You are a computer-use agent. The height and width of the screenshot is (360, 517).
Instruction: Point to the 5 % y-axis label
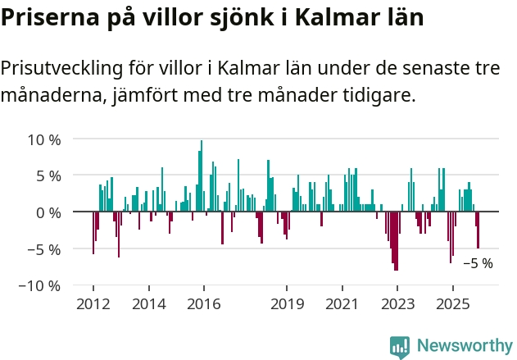pyautogui.click(x=48, y=175)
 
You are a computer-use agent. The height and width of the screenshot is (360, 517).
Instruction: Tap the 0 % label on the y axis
pyautogui.click(x=48, y=212)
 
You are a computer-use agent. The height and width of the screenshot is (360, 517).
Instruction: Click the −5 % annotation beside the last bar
pyautogui.click(x=478, y=264)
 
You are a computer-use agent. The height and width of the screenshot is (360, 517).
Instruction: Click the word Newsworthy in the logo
pyautogui.click(x=464, y=345)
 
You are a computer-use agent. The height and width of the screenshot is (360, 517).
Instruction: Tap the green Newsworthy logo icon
pyautogui.click(x=400, y=346)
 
